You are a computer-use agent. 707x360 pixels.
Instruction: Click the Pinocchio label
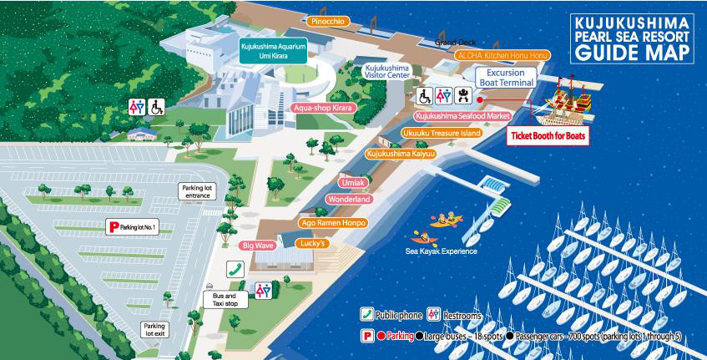[327, 20]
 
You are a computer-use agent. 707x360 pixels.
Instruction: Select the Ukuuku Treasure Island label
[442, 134]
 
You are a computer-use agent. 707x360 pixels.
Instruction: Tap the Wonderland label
[349, 200]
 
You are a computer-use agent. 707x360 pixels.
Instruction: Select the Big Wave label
[258, 246]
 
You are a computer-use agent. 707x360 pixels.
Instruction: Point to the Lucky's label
[309, 243]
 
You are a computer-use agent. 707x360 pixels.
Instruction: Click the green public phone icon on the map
[236, 269]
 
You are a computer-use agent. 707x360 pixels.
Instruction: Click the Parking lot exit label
[154, 330]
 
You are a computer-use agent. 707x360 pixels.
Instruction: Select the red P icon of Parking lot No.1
[114, 226]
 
